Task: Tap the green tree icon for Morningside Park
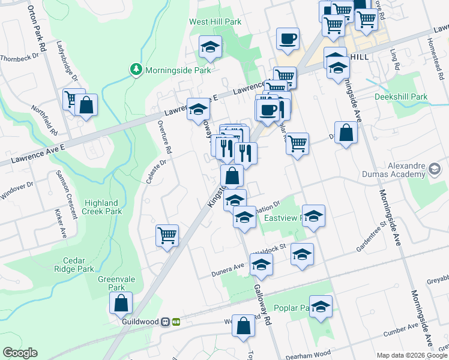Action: coord(137,70)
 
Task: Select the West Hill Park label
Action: coord(215,22)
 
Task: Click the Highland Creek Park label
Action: coord(103,207)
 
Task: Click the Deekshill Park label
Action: coord(401,97)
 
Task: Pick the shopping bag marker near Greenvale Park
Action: coord(121,304)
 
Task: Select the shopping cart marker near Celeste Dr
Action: coord(167,235)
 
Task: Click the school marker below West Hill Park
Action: coord(210,47)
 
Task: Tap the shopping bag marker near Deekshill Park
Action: coord(346,133)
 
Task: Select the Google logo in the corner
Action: coord(20,353)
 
